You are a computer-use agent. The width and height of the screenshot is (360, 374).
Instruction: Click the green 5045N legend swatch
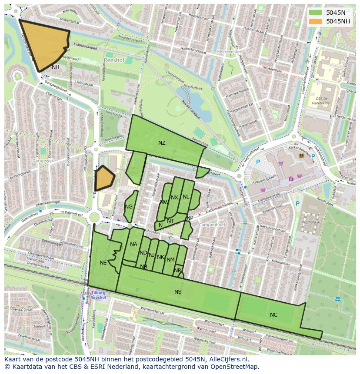(x=316, y=13)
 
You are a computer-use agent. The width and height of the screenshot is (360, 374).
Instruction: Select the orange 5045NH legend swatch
(x=316, y=21)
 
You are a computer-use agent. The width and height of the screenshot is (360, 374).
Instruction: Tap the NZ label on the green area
(x=162, y=143)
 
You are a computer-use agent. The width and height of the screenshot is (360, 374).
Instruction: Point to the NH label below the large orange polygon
(x=56, y=67)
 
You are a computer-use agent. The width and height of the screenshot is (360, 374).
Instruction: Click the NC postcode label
(x=273, y=315)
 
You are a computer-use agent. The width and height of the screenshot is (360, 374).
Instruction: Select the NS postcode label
(x=178, y=292)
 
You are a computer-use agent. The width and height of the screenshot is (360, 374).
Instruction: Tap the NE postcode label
(x=103, y=263)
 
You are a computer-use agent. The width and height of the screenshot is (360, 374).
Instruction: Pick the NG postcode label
(x=129, y=207)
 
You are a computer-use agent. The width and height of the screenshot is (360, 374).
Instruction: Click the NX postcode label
(x=174, y=198)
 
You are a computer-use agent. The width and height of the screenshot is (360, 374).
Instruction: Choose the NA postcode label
(x=133, y=245)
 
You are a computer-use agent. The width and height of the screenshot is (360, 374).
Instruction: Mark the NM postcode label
(x=170, y=260)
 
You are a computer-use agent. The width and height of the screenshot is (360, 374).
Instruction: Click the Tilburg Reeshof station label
(x=99, y=295)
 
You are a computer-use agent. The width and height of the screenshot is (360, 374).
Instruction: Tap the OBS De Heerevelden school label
(x=322, y=101)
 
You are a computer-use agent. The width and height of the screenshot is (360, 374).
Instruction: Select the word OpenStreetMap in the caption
(x=235, y=367)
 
